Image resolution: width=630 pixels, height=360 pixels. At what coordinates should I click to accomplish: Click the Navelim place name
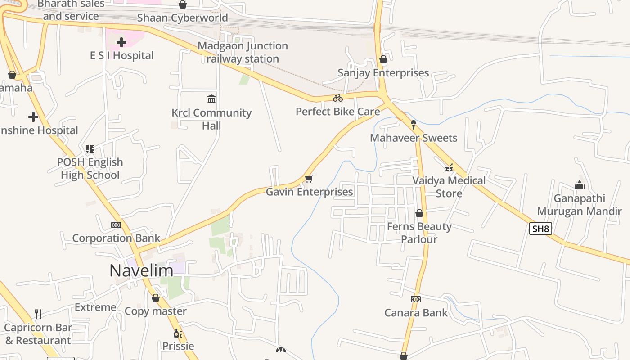pos(141,270)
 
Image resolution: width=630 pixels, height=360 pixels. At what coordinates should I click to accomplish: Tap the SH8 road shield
pos(540,229)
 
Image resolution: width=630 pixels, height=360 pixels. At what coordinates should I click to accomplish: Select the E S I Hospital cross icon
pos(121,42)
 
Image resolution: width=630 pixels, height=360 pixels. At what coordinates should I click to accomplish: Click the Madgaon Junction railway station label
pos(243,52)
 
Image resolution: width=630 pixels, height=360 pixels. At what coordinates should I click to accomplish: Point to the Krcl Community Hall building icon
pos(211,99)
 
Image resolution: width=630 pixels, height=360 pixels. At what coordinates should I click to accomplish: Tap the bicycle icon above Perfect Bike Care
pos(338,98)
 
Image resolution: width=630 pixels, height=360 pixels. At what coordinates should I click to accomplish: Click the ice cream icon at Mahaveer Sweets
pos(414,124)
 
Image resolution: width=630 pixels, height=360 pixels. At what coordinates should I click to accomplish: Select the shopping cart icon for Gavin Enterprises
pos(309,179)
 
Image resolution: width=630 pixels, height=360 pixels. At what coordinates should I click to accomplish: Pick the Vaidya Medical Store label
pos(449,187)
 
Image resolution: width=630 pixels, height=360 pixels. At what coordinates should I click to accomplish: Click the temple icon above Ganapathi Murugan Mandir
pos(579,185)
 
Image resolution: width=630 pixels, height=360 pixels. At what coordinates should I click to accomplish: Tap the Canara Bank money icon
pos(416,299)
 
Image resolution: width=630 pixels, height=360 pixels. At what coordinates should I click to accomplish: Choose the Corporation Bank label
pos(116,238)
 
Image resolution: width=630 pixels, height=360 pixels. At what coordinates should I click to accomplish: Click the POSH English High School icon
pos(90,148)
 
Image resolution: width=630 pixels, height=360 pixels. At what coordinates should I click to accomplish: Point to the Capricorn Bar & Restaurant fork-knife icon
pos(38,314)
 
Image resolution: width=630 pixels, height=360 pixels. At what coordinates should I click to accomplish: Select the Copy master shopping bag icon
pos(156,298)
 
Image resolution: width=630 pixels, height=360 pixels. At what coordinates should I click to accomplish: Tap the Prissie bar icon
pos(178,333)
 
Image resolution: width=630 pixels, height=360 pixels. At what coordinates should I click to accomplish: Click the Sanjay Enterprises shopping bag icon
pos(383,59)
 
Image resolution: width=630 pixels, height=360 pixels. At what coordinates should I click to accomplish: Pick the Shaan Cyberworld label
pos(182,18)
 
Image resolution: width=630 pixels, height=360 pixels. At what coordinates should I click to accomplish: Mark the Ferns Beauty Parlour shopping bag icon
pos(419,213)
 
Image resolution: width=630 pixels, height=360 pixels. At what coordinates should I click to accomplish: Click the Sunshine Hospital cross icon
pos(33,117)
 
